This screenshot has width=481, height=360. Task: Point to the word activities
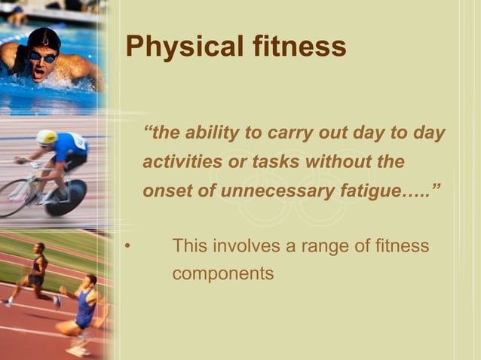tap(182, 162)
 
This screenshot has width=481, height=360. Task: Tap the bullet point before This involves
tap(129, 246)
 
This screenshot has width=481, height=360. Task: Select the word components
tap(222, 273)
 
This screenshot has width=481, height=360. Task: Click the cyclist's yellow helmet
tap(47, 137)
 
